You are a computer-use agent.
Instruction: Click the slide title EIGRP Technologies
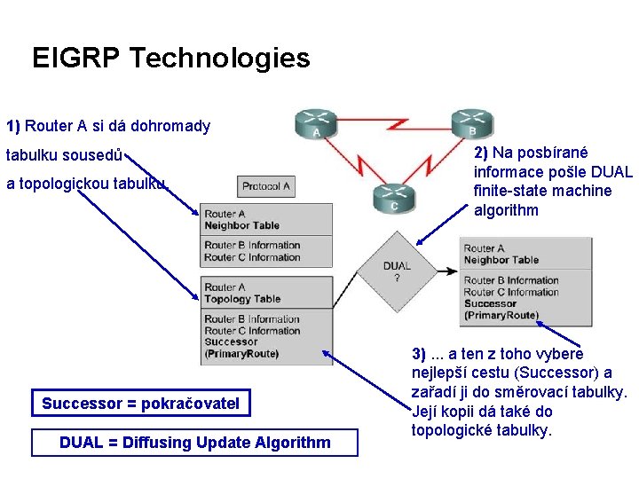170,59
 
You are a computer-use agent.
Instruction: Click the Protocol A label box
266,186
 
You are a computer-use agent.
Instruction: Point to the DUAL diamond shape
396,271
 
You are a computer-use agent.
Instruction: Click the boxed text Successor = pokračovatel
140,404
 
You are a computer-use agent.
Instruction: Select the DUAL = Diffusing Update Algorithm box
194,443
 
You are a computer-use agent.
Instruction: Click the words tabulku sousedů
65,155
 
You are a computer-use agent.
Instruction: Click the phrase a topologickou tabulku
86,184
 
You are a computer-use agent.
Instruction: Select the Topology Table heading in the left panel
242,299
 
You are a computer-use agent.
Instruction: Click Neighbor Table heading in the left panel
241,225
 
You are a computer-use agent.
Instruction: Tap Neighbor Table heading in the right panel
501,260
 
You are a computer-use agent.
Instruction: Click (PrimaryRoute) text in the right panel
501,315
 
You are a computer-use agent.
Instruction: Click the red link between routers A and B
390,124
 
